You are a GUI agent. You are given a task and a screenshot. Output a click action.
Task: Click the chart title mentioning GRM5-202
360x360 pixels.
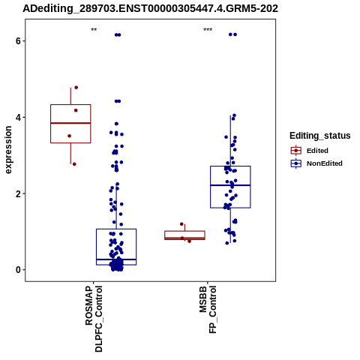pos(150,8)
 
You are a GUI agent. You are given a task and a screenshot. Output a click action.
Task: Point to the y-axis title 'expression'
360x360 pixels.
pos(8,150)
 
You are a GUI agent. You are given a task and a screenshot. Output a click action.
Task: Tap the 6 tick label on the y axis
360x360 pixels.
pos(18,40)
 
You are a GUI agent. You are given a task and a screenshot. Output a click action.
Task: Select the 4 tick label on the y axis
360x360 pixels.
pos(18,117)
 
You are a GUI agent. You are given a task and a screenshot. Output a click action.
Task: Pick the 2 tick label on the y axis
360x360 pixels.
pos(18,193)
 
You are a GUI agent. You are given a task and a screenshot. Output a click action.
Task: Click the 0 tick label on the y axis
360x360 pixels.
pos(18,270)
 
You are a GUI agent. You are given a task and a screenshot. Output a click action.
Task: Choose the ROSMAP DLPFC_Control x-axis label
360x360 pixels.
pos(94,319)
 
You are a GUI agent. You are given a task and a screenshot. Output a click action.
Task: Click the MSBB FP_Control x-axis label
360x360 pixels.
pos(208,310)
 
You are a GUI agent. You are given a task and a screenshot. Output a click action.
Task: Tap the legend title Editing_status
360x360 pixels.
pos(320,136)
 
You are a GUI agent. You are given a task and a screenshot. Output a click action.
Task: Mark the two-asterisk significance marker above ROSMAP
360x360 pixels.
pos(94,29)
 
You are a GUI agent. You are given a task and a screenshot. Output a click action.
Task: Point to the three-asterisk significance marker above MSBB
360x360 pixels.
pos(208,29)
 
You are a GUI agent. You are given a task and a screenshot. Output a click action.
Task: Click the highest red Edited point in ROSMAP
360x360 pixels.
pos(76,88)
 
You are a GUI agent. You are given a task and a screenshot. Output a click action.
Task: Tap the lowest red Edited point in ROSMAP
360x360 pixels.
pos(74,164)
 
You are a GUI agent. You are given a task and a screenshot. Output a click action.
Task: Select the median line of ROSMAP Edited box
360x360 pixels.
pos(70,123)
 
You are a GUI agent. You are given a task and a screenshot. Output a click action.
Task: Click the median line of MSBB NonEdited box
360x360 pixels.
pos(230,185)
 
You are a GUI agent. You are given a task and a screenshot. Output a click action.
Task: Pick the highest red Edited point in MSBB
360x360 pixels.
pos(181,224)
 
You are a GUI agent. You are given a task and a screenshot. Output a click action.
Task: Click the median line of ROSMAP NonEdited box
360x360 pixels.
pos(116,259)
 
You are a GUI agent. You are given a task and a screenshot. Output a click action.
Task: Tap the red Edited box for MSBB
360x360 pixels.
pos(184,231)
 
